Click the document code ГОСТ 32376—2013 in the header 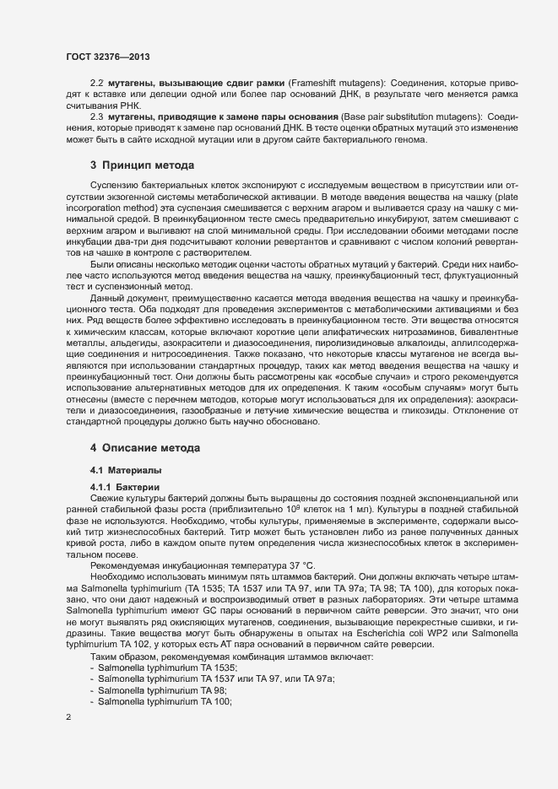[107, 56]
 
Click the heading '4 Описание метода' [144, 446]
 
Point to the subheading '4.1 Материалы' [125, 469]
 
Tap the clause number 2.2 [96, 84]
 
